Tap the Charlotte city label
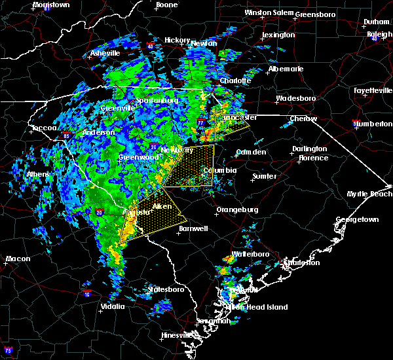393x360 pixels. pyautogui.click(x=235, y=81)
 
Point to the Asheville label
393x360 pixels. pyautogui.click(x=105, y=53)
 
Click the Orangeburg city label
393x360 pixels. pyautogui.click(x=237, y=210)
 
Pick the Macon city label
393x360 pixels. pyautogui.click(x=18, y=259)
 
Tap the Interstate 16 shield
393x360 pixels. pyautogui.click(x=86, y=294)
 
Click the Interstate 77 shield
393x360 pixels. pyautogui.click(x=201, y=122)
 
